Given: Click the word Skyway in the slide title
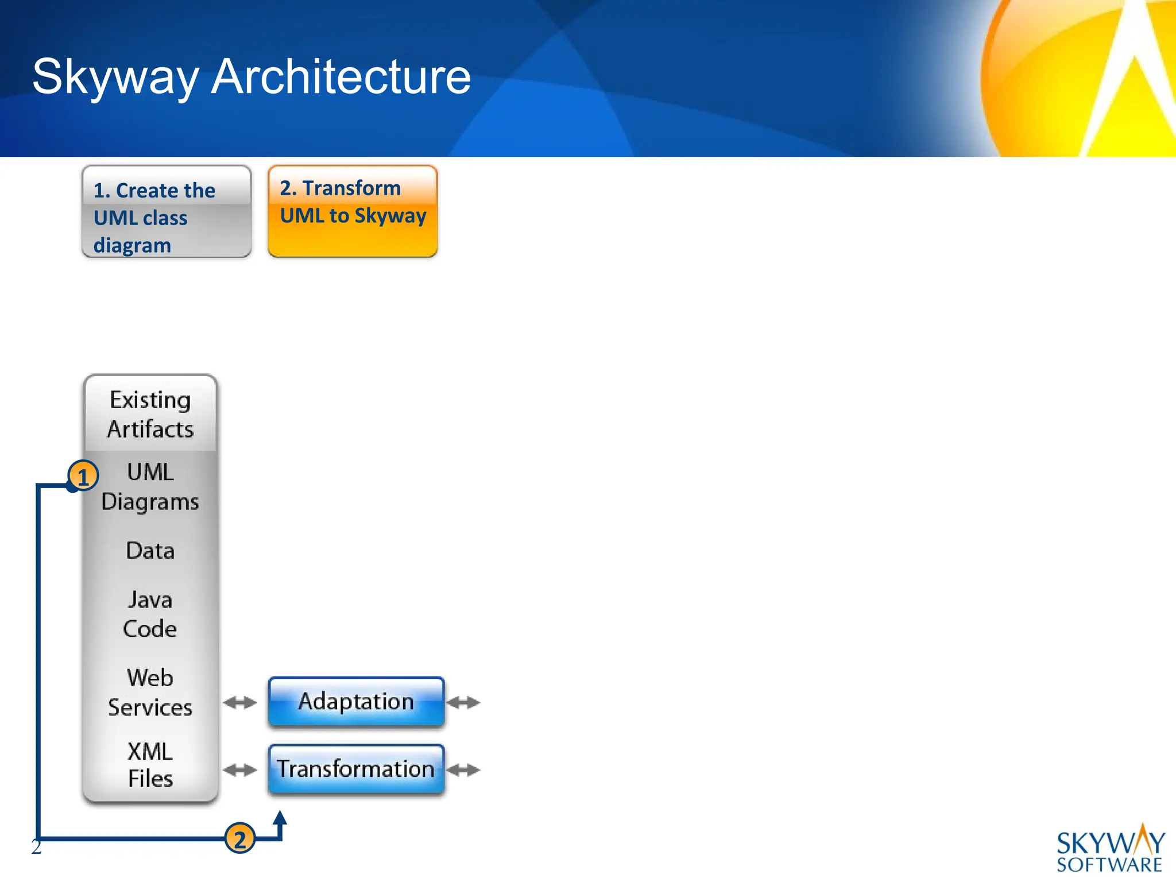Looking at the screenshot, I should (x=115, y=78).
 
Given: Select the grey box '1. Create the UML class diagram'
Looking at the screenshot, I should (x=167, y=212).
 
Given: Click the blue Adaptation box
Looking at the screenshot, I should (x=356, y=702).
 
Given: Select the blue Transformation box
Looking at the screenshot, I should (x=356, y=769).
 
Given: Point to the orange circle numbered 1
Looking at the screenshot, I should (x=83, y=477).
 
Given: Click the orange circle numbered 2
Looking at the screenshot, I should (x=239, y=839).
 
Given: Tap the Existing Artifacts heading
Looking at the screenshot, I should (x=150, y=414).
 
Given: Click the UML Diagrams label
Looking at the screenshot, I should (x=150, y=486).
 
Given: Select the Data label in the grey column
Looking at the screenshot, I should (x=150, y=551).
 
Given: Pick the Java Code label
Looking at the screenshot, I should (x=150, y=614).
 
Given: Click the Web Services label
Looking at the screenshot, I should (x=150, y=693).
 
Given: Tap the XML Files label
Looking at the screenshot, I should (x=150, y=765).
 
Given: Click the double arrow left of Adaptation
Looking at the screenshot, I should (x=240, y=702).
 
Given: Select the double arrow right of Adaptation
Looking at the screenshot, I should (x=463, y=702).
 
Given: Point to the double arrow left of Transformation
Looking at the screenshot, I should (x=240, y=770).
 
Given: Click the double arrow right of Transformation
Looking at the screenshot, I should (x=463, y=770).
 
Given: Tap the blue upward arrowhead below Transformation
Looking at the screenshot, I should (x=280, y=818).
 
